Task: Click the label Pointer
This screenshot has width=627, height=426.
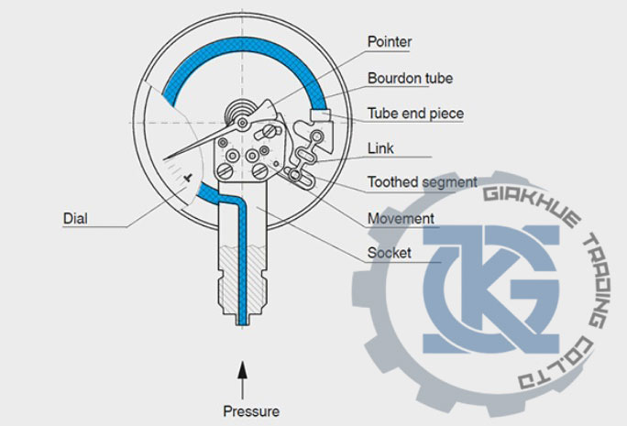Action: [x=390, y=42]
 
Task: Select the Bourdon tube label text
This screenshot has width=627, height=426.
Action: [x=410, y=79]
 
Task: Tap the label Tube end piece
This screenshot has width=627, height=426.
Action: [x=415, y=115]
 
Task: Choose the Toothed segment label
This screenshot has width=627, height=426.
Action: [x=422, y=182]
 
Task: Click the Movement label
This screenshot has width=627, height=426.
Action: [x=401, y=219]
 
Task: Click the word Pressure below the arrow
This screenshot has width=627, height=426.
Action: [x=250, y=410]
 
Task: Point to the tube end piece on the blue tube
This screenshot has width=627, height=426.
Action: [x=320, y=114]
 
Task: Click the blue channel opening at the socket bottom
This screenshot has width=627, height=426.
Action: [x=242, y=321]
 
